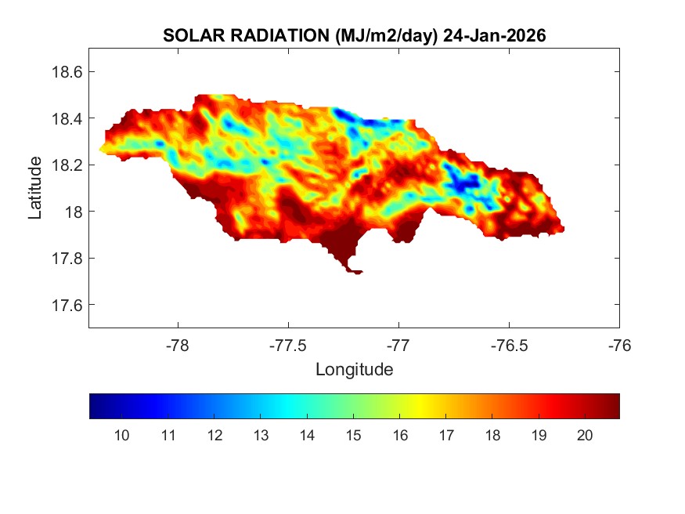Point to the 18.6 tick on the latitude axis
click(62, 72)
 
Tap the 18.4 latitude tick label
click(62, 118)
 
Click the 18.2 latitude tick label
click(62, 165)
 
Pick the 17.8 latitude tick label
click(62, 259)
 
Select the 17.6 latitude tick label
click(62, 305)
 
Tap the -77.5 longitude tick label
click(288, 345)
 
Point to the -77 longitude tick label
click(398, 345)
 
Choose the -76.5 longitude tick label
click(509, 345)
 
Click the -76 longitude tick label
click(619, 345)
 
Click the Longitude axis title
click(354, 369)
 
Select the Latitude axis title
click(35, 187)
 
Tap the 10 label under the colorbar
click(121, 436)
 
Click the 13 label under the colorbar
click(260, 436)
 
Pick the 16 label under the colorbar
click(399, 436)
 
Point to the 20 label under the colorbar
click(584, 436)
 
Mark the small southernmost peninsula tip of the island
click(357, 273)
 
